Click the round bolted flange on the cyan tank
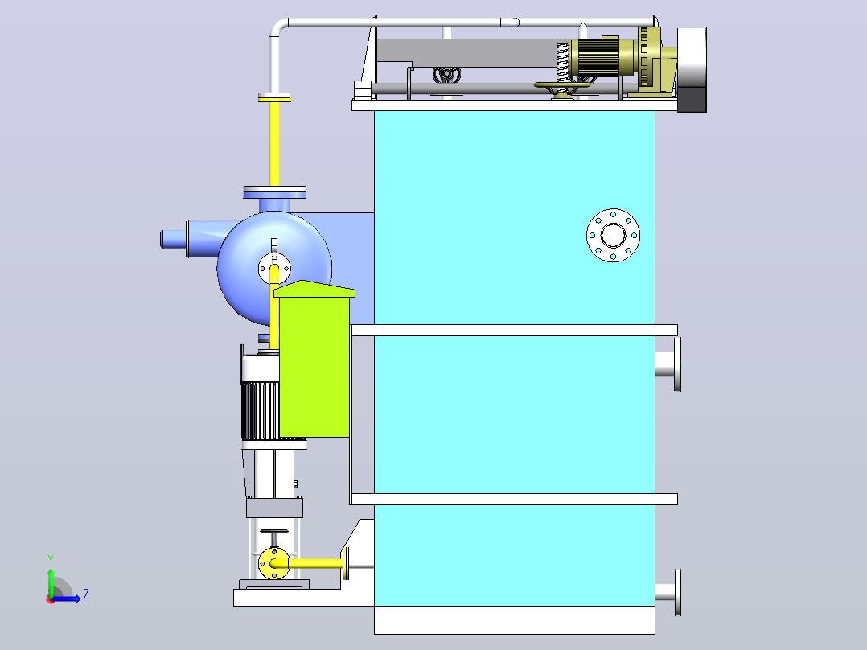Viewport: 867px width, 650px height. (613, 236)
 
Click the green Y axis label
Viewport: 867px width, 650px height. (51, 559)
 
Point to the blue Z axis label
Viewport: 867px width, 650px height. (86, 594)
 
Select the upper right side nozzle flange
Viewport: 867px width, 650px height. (668, 364)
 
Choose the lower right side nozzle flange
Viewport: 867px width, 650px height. (668, 593)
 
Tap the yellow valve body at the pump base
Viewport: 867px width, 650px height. (274, 564)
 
